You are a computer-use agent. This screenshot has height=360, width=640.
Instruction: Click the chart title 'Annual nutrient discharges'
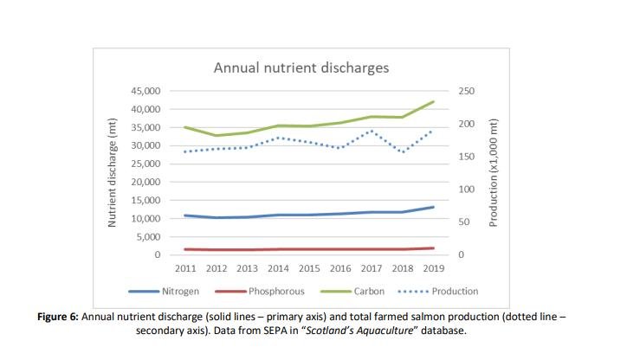[301, 67]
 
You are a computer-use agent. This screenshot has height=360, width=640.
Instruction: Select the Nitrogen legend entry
[181, 292]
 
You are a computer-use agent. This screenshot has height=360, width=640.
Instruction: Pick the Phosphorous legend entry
[277, 292]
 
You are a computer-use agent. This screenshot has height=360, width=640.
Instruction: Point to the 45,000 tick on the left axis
[145, 91]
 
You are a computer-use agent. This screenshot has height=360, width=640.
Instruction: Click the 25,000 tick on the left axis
[145, 164]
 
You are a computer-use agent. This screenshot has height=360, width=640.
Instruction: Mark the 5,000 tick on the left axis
[147, 237]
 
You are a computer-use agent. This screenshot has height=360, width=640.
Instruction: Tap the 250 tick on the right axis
[465, 91]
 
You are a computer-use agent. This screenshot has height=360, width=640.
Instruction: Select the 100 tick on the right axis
[465, 190]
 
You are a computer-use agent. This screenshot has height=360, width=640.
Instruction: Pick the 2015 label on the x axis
[309, 268]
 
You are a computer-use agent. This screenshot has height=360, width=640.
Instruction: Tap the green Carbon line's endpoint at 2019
[432, 101]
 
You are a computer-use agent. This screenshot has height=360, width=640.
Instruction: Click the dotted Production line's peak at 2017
[371, 131]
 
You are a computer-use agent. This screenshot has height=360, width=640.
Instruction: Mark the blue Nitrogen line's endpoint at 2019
[432, 207]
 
